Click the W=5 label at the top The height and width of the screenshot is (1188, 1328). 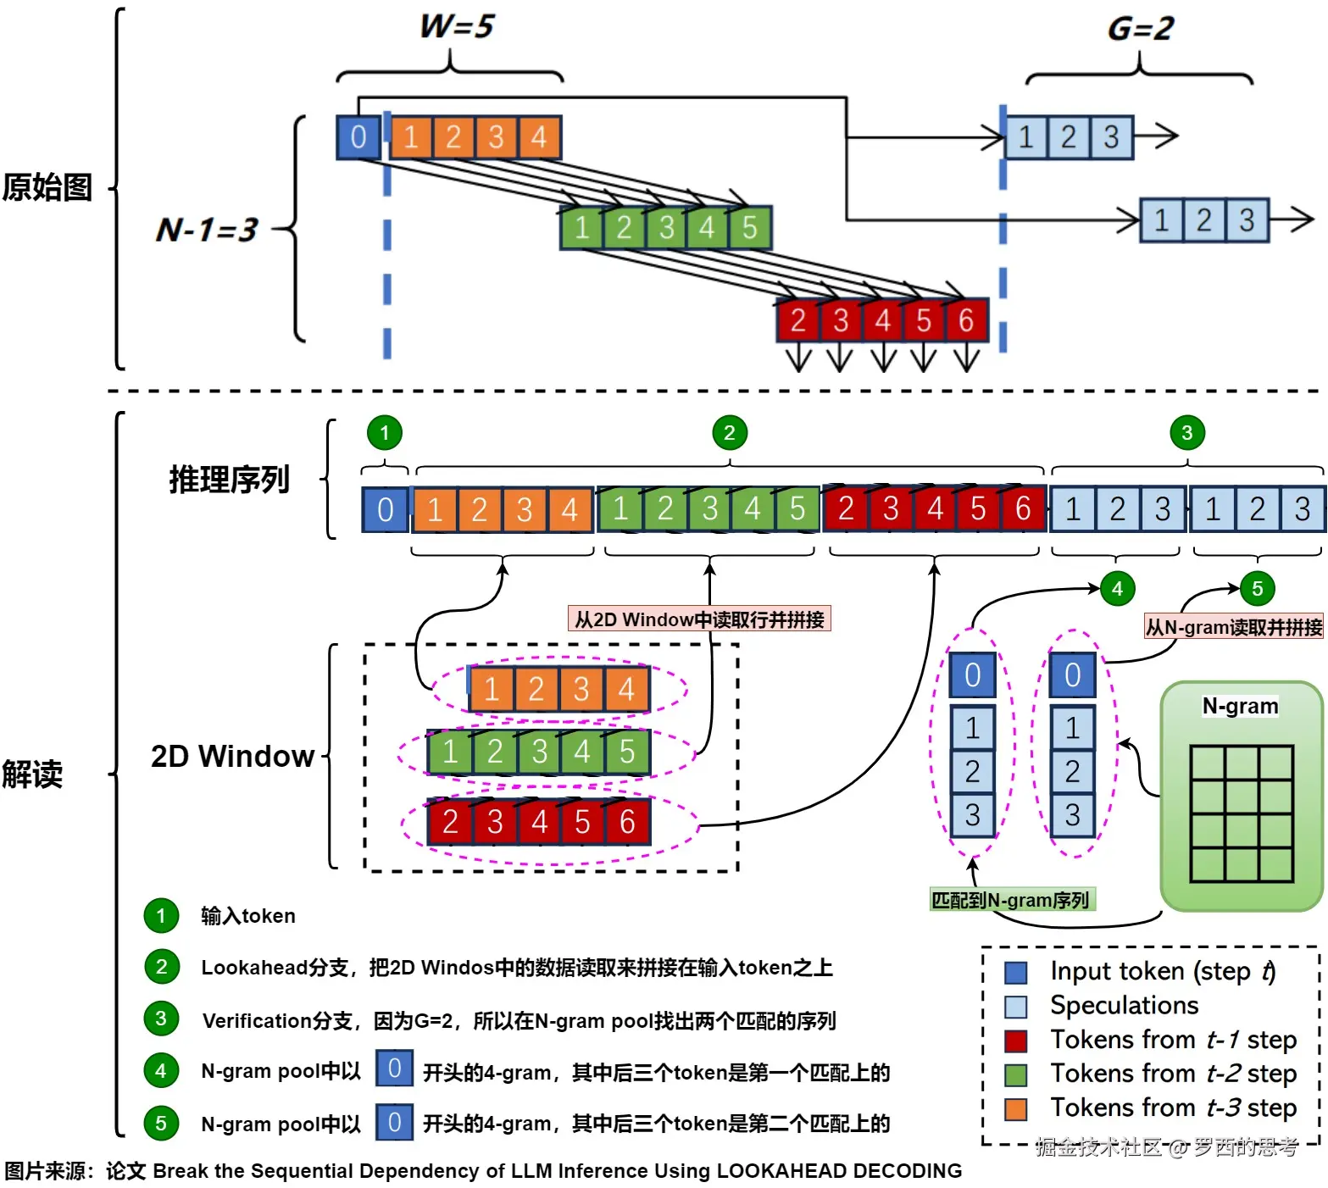click(x=457, y=26)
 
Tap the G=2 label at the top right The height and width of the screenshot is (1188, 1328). click(x=1140, y=29)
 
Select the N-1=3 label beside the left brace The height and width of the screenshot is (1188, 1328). click(x=207, y=230)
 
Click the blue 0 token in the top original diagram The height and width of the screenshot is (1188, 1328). click(x=358, y=137)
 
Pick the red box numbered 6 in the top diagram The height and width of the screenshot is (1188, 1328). click(x=966, y=320)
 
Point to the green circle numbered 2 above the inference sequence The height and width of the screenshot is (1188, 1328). click(x=729, y=433)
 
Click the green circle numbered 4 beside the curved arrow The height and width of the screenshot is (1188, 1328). click(x=1117, y=589)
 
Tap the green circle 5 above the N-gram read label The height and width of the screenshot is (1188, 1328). click(x=1257, y=589)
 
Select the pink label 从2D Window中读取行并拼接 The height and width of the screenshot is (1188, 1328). click(x=699, y=619)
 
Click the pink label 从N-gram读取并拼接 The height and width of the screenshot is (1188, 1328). click(x=1234, y=627)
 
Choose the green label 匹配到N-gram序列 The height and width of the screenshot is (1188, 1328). click(x=1010, y=900)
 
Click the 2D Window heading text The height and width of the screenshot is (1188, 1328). click(x=232, y=756)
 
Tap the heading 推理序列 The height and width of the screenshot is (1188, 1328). click(x=229, y=480)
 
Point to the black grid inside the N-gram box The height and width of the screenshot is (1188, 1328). click(x=1242, y=813)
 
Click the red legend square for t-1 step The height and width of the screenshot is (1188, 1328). click(x=1015, y=1041)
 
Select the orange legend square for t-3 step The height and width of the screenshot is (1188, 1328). click(x=1015, y=1109)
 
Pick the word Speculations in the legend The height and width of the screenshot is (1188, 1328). click(x=1124, y=1006)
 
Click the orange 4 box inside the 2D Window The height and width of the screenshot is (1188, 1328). click(x=626, y=689)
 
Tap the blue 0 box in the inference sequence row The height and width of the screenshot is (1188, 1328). click(x=385, y=509)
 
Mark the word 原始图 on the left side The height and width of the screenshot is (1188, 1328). click(x=47, y=187)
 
